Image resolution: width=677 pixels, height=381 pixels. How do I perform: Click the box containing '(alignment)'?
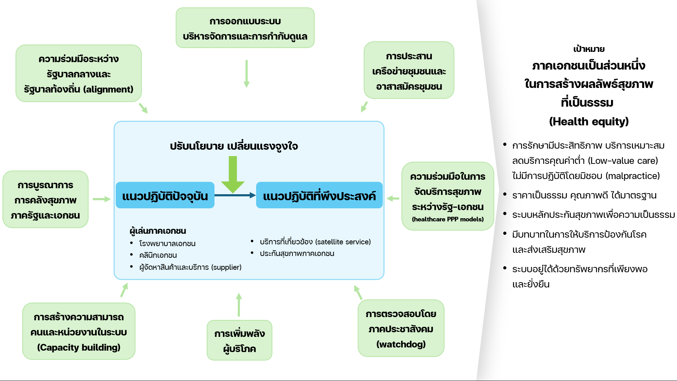[x=78, y=73]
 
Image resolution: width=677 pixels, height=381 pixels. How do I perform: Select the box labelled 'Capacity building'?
[x=78, y=332]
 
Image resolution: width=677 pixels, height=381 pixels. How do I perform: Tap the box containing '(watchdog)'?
[x=401, y=328]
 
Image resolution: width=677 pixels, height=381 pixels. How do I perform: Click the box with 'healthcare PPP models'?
[x=447, y=196]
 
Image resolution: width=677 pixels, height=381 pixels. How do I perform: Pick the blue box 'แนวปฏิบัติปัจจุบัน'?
[x=165, y=196]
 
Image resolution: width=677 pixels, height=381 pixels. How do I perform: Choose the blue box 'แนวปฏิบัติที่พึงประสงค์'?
[x=319, y=196]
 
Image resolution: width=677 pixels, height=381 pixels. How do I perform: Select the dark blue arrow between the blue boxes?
[x=235, y=195]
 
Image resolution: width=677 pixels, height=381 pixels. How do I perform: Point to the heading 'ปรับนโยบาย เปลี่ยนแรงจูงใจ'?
[x=234, y=146]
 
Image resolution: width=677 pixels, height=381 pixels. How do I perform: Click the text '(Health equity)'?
[x=588, y=121]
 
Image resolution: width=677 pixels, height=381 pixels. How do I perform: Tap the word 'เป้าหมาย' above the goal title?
[x=588, y=49]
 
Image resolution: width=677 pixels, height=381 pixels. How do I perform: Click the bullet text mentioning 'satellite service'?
[x=315, y=242]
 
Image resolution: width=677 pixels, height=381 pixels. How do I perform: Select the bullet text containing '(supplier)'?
[x=190, y=267]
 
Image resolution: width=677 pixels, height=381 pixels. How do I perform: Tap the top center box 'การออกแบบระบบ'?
[x=245, y=28]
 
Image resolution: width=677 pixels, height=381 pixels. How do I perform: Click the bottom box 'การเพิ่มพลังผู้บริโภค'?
[x=239, y=340]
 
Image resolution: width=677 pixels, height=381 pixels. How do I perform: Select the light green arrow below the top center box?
[x=246, y=73]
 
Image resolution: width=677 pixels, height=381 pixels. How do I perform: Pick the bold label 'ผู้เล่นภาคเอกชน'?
[x=158, y=231]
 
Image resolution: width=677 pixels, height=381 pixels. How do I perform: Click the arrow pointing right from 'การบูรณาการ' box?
[x=102, y=199]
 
